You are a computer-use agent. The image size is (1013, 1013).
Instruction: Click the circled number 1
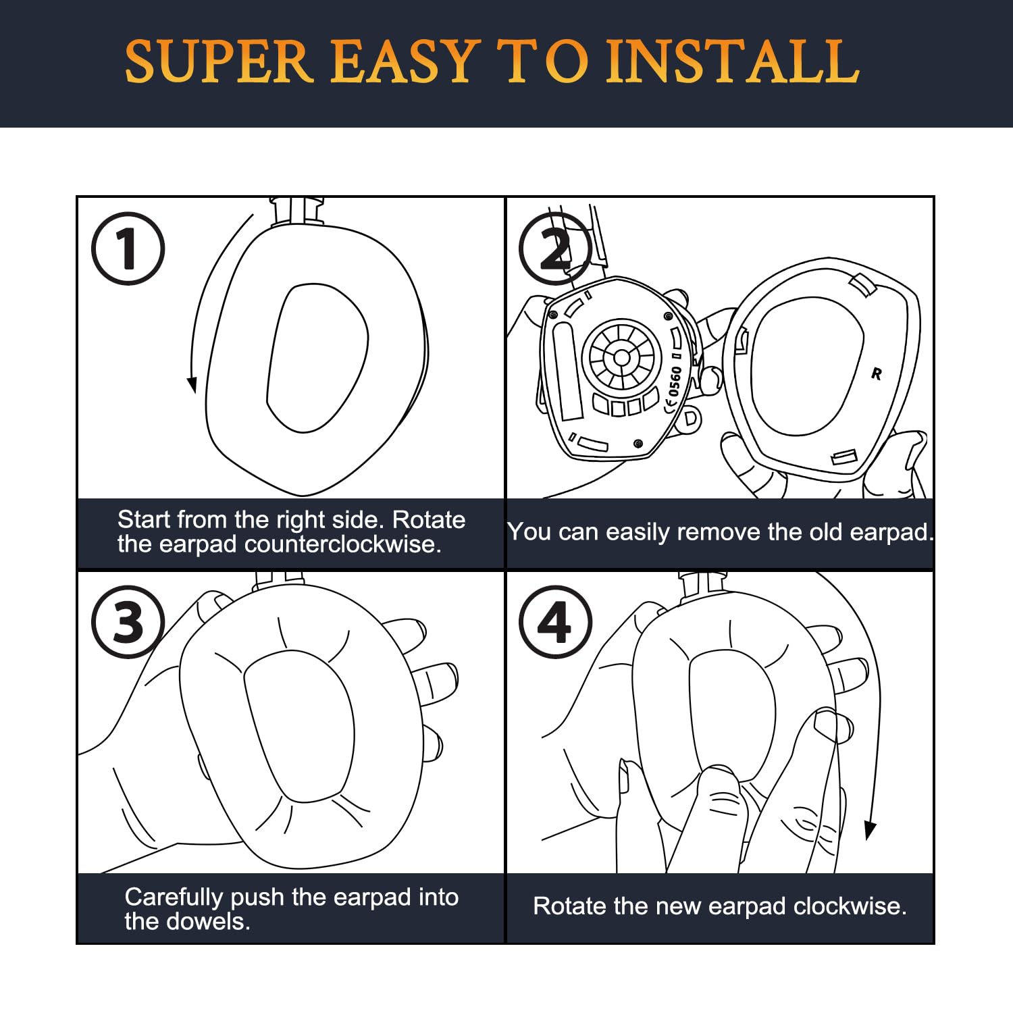point(128,249)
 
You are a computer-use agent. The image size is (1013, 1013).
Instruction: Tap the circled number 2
point(555,249)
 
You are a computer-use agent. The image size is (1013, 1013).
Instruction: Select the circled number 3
point(128,622)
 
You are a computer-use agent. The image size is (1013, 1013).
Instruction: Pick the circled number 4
point(555,622)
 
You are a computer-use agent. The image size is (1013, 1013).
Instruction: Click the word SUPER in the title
point(218,61)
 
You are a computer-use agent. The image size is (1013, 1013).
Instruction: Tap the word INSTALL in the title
point(732,61)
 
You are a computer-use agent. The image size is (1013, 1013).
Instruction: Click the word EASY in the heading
point(405,61)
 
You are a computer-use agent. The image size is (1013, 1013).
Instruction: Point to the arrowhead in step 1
point(192,384)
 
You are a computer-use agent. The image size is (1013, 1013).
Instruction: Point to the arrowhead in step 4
point(871,830)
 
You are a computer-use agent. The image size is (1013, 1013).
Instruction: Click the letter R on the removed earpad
point(877,373)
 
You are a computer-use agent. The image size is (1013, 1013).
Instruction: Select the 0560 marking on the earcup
point(674,382)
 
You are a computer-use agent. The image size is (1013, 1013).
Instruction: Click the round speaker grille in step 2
point(621,356)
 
